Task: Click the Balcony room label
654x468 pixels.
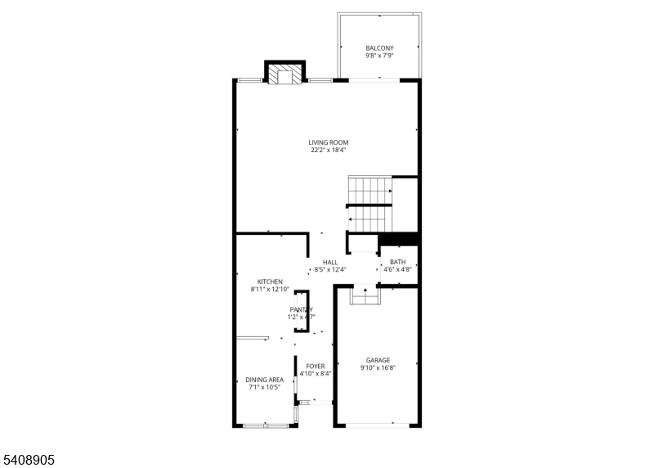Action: pyautogui.click(x=379, y=48)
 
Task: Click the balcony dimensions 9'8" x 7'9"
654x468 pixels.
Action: pyautogui.click(x=379, y=56)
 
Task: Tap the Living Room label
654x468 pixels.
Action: pyautogui.click(x=328, y=142)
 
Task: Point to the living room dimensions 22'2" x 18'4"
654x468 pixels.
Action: pyautogui.click(x=328, y=151)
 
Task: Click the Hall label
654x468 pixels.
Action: pyautogui.click(x=330, y=262)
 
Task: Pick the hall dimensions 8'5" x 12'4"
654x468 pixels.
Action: pyautogui.click(x=330, y=270)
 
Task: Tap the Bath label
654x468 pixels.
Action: pyautogui.click(x=397, y=262)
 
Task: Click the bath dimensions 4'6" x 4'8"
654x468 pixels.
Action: pyautogui.click(x=397, y=270)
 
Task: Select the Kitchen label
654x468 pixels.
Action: pyautogui.click(x=270, y=281)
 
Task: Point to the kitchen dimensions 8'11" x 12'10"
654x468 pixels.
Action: pyautogui.click(x=270, y=290)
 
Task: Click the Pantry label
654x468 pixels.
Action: pyautogui.click(x=301, y=309)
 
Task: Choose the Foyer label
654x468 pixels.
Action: pyautogui.click(x=316, y=366)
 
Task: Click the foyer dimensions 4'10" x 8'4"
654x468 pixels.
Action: pyautogui.click(x=316, y=374)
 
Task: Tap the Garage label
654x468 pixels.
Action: pyautogui.click(x=378, y=360)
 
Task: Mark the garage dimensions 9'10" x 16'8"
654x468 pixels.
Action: pyautogui.click(x=378, y=368)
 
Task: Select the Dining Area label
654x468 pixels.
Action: pyautogui.click(x=265, y=380)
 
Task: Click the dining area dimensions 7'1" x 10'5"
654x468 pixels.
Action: pyautogui.click(x=265, y=388)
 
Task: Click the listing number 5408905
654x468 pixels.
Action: pyautogui.click(x=28, y=461)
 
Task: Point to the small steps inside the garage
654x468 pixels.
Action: pyautogui.click(x=365, y=295)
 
